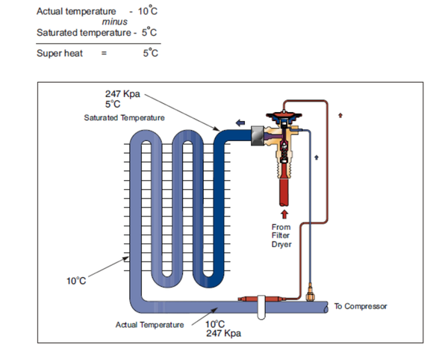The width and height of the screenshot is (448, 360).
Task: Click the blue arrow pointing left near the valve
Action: click(241, 122)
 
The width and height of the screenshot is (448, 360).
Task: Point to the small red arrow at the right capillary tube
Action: click(341, 115)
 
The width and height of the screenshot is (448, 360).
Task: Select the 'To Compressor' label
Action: click(360, 306)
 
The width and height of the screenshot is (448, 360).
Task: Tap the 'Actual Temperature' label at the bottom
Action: click(149, 324)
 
